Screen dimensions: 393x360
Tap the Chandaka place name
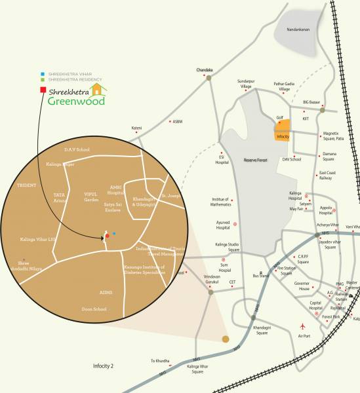tap(205, 69)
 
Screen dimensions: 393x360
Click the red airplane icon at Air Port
tap(302, 326)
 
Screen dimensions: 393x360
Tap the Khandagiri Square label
tap(252, 331)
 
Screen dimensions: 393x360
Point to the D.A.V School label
tap(77, 149)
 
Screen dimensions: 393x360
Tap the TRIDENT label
tap(26, 185)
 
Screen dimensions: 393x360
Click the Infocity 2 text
tap(103, 365)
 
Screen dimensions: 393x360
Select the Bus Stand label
tap(260, 276)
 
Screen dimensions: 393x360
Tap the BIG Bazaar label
tap(313, 103)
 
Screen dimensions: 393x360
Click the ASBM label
tap(177, 121)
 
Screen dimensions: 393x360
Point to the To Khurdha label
tap(161, 360)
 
